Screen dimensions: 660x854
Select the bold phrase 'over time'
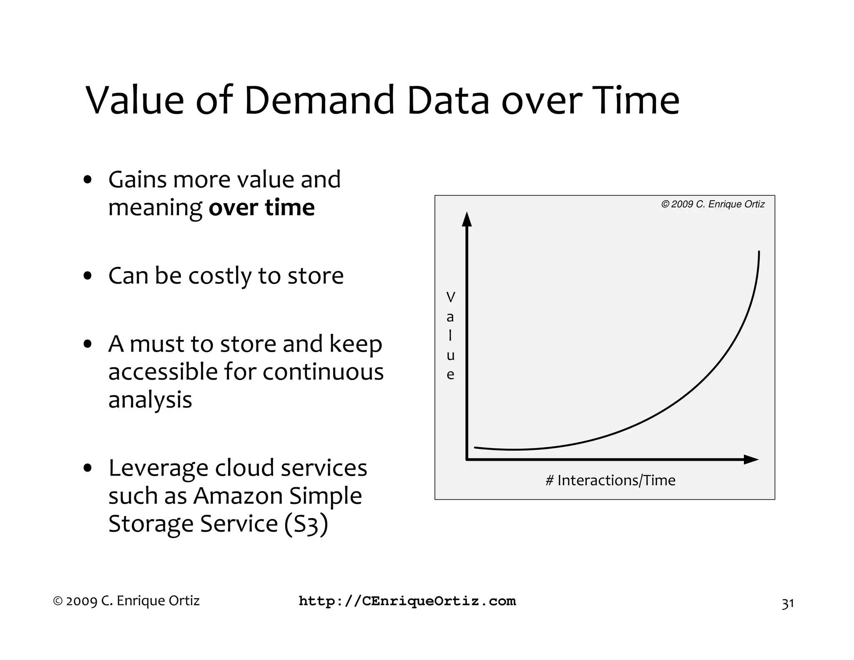pyautogui.click(x=261, y=207)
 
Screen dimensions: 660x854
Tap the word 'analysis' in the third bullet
pyautogui.click(x=150, y=399)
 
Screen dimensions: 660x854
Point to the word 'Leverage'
pyautogui.click(x=158, y=468)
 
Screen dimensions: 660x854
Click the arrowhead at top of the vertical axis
pyautogui.click(x=467, y=219)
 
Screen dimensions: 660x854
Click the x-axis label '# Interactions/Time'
pyautogui.click(x=610, y=480)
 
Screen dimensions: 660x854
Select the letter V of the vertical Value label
pyautogui.click(x=450, y=297)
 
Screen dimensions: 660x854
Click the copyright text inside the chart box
pyautogui.click(x=713, y=204)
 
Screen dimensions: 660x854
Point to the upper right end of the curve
pyautogui.click(x=759, y=253)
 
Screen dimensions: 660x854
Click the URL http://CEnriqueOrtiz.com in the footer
pyautogui.click(x=407, y=601)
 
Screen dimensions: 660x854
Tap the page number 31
pyautogui.click(x=787, y=604)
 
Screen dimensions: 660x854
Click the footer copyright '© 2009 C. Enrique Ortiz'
pyautogui.click(x=126, y=601)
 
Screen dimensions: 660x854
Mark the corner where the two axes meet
pyautogui.click(x=467, y=460)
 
